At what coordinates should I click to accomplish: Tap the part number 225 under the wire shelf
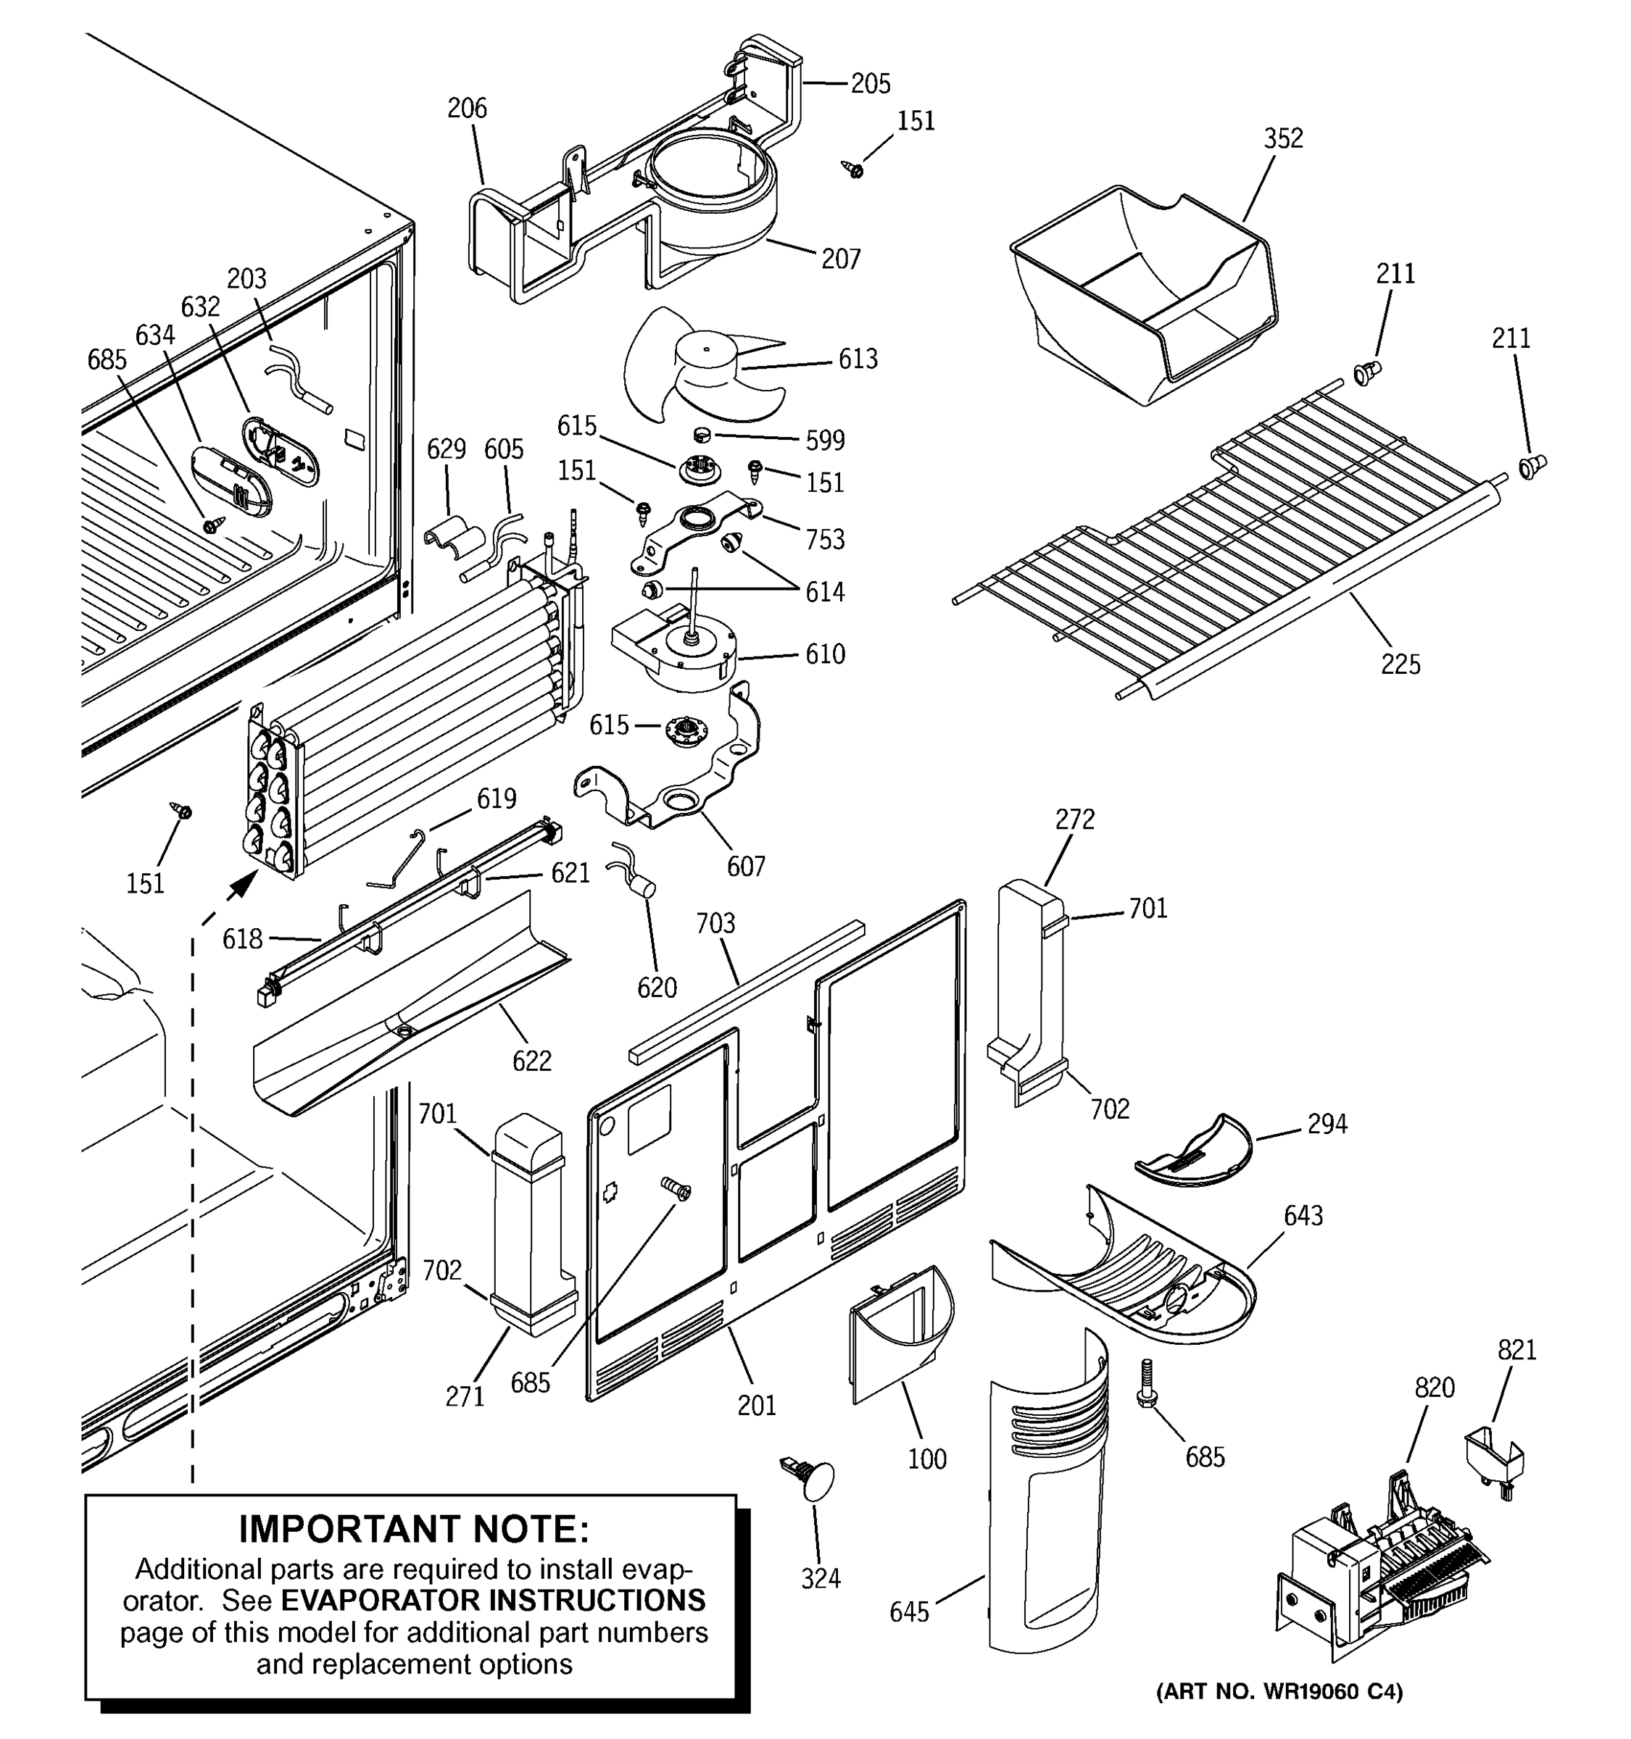tap(1400, 665)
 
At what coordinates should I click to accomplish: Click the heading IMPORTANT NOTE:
tap(414, 1529)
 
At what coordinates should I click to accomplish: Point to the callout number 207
tap(840, 259)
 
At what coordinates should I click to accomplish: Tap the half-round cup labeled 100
tap(901, 1330)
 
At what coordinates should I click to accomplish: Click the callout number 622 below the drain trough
tap(532, 1061)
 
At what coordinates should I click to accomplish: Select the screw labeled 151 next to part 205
tap(853, 168)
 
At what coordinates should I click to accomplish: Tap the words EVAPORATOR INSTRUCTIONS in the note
tap(493, 1600)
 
